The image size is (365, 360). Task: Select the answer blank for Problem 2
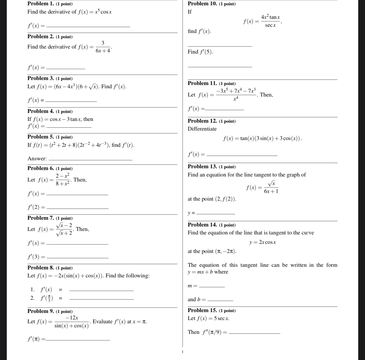[66, 68]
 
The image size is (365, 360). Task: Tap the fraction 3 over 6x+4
[103, 47]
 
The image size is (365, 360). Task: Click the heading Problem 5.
[41, 137]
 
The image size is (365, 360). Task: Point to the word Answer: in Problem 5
[37, 159]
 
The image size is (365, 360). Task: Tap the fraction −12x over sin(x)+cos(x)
[72, 321]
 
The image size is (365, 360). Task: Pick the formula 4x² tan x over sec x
[270, 21]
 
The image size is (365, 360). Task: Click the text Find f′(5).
[200, 52]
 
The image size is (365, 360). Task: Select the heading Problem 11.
[202, 84]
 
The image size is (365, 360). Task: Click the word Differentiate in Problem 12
[202, 129]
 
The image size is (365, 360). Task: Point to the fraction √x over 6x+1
[271, 187]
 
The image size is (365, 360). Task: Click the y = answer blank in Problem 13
[215, 213]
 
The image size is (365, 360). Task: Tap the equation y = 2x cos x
[262, 242]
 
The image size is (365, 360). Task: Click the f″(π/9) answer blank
[254, 333]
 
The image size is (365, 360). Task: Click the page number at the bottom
[182, 351]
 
